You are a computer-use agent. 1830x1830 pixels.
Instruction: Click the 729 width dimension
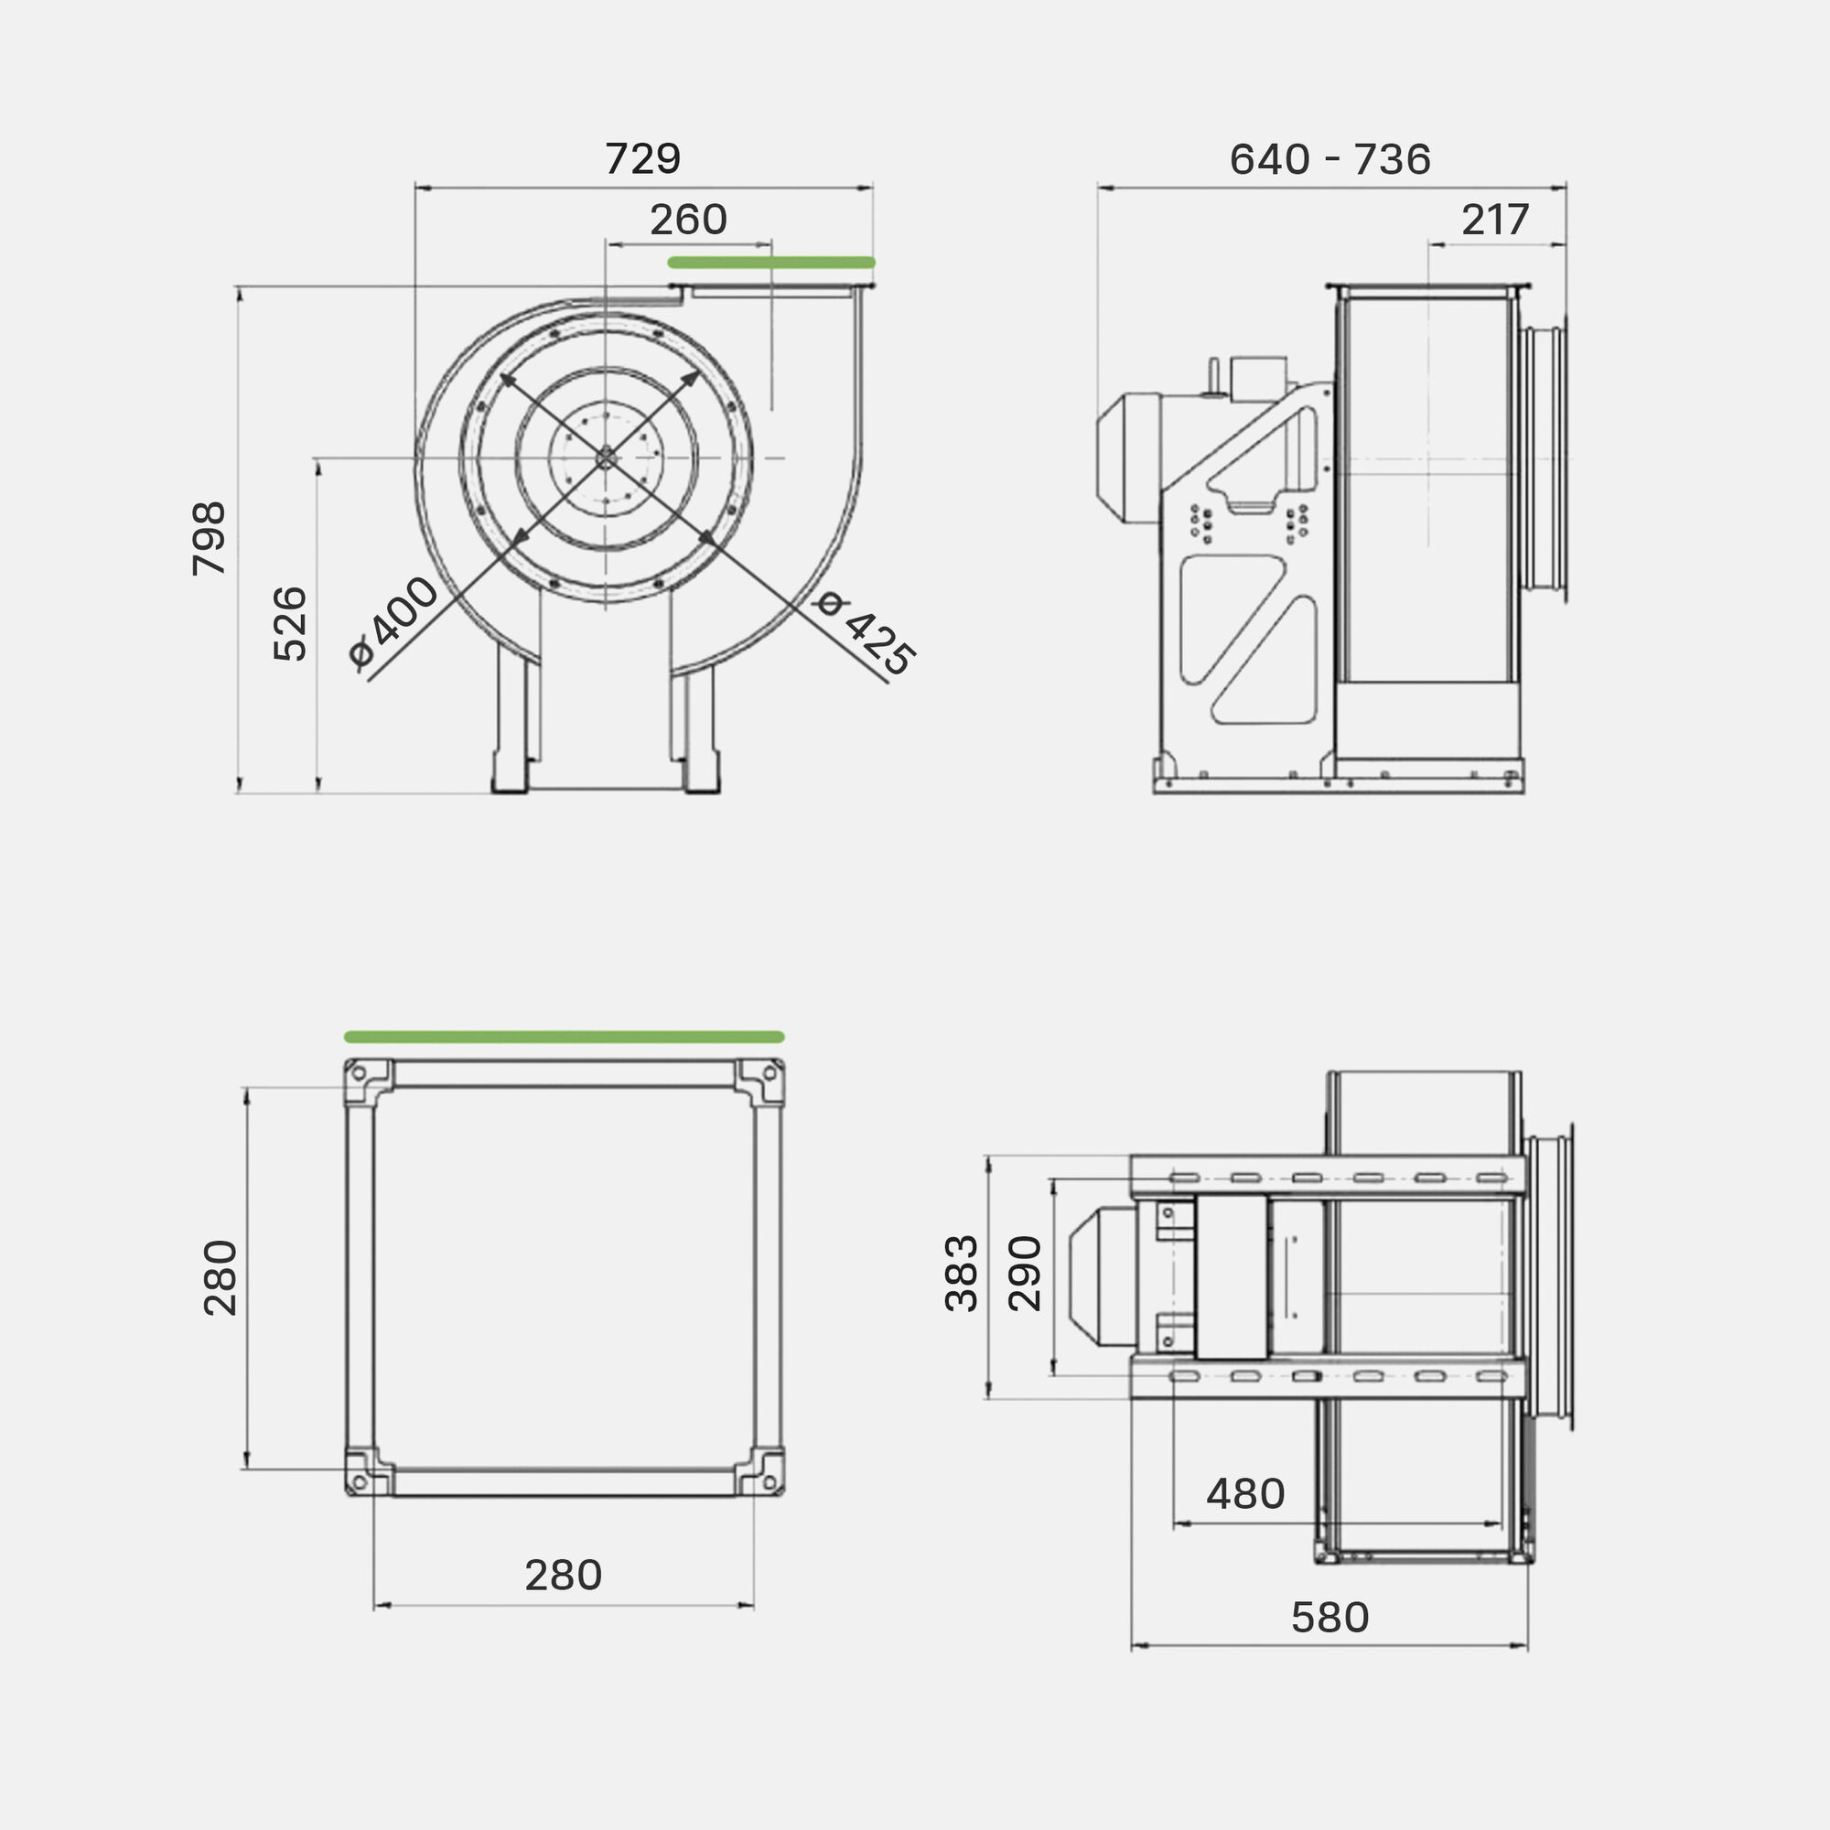coord(642,159)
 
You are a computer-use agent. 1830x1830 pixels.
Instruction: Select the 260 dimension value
coord(688,220)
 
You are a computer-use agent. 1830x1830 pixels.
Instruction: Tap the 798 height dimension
coord(210,538)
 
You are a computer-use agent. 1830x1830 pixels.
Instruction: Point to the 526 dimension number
coord(290,623)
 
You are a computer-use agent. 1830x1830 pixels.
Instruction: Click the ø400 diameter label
coord(393,622)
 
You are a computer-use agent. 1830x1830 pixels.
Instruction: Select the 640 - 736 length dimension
coord(1329,159)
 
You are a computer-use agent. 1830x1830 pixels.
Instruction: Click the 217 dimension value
coord(1496,220)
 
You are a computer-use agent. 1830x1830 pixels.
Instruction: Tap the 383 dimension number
coord(963,1273)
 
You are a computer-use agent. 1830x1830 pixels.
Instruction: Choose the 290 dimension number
coord(1025,1273)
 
